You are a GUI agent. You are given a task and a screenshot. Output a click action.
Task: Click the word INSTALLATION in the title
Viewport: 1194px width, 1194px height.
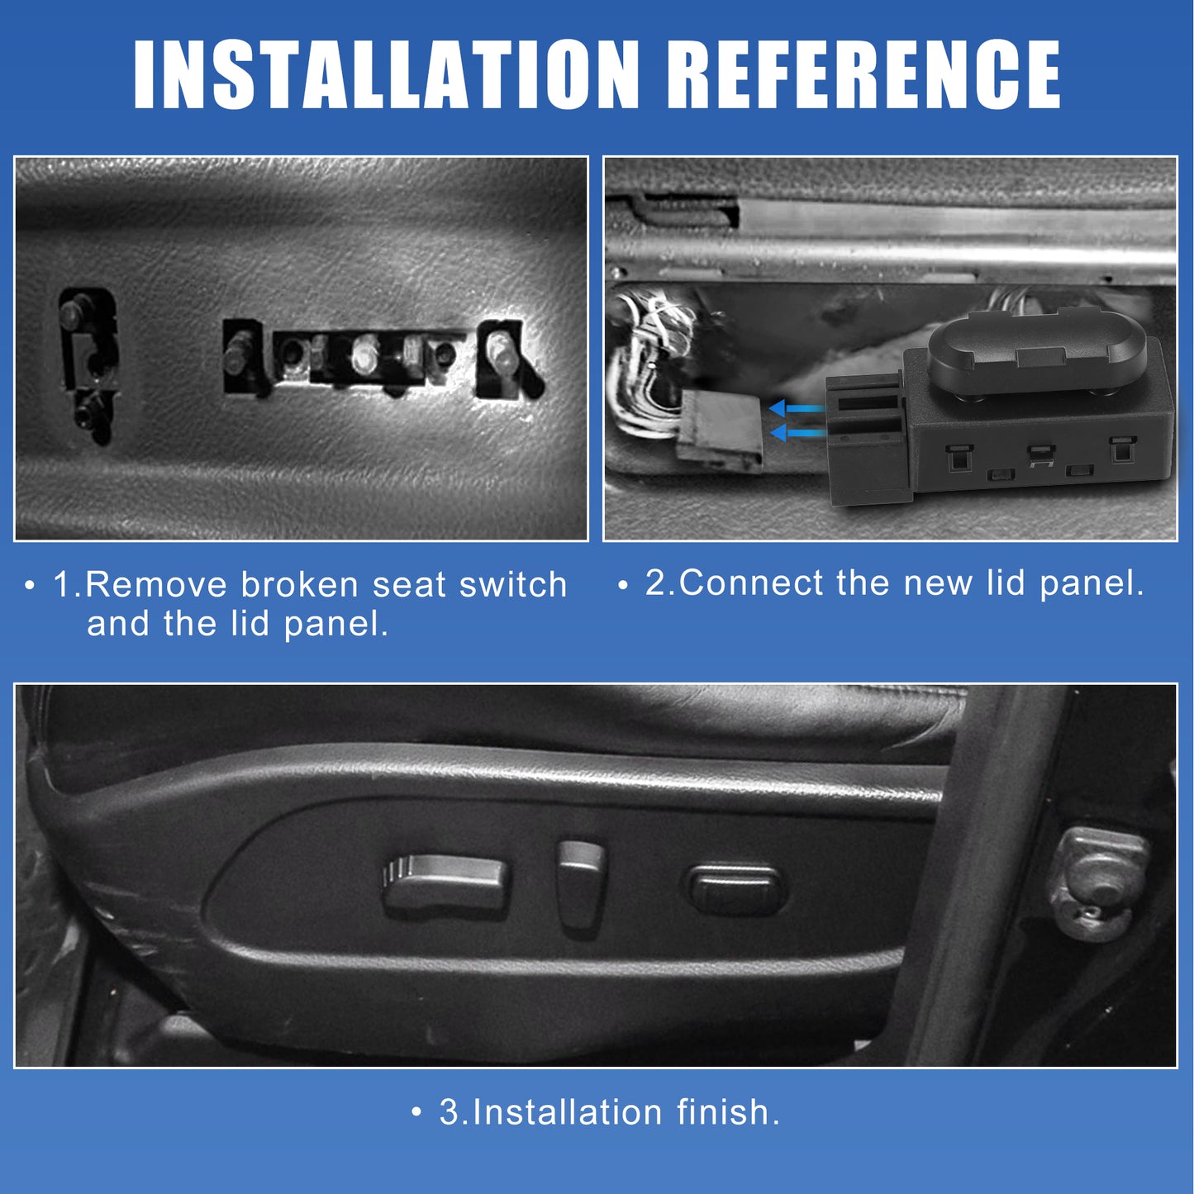click(x=385, y=74)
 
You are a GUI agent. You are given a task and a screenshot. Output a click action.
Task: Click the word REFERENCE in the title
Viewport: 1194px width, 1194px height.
click(x=863, y=74)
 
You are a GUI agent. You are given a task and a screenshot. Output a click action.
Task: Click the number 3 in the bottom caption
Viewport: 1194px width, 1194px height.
click(x=449, y=1112)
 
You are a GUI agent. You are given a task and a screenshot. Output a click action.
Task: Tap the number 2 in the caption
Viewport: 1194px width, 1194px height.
click(x=655, y=583)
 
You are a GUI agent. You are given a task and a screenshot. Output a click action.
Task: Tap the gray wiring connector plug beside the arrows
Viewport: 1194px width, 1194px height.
click(x=720, y=430)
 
